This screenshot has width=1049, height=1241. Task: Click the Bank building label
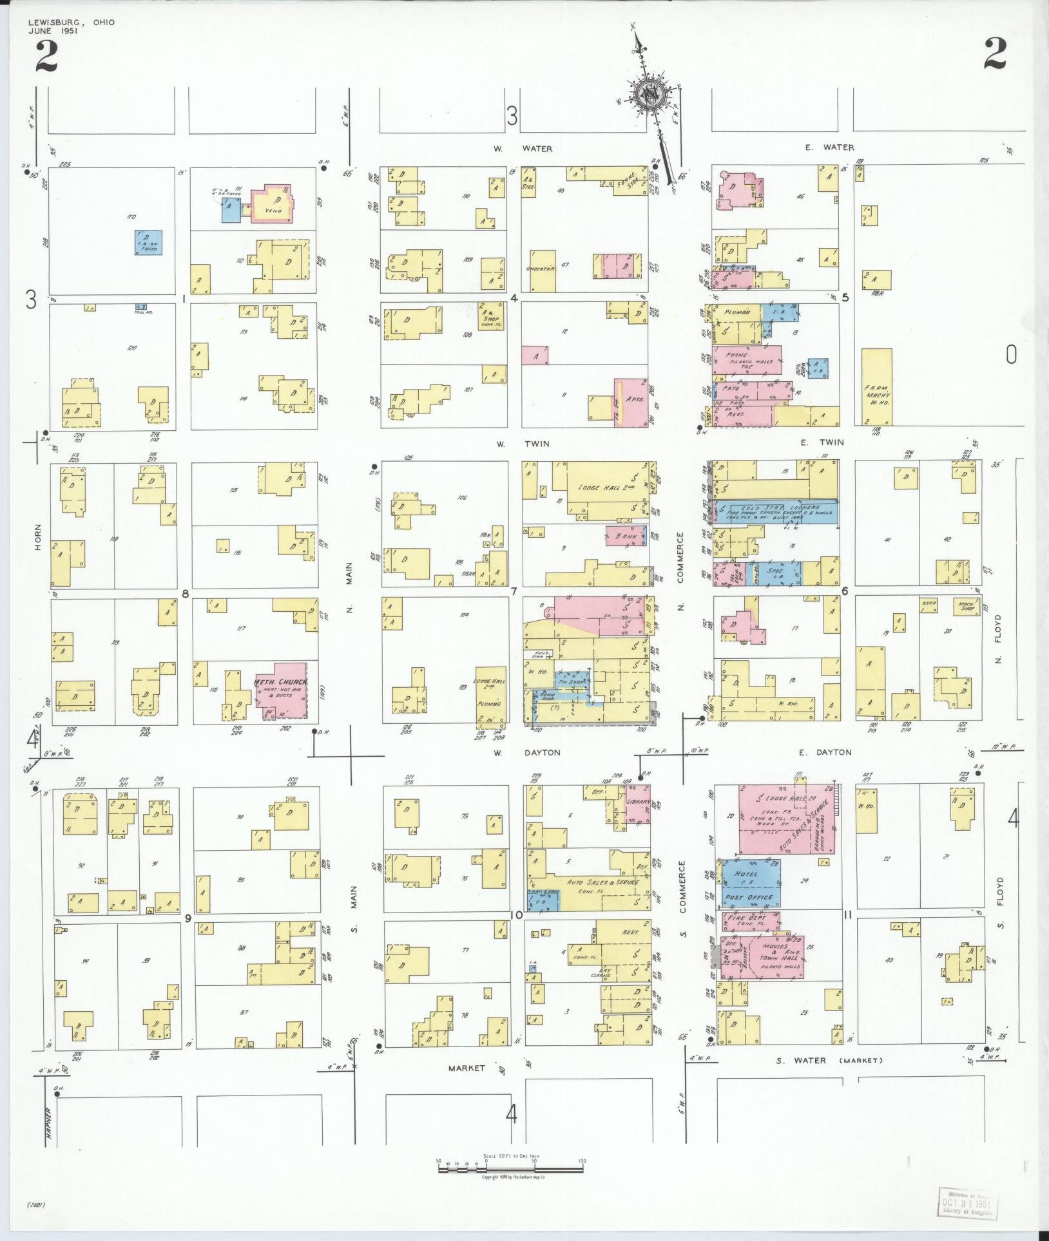point(626,536)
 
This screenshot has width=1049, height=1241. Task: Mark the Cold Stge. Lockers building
point(777,511)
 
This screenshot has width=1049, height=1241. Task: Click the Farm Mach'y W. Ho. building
point(877,386)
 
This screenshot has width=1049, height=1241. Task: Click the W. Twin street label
point(523,444)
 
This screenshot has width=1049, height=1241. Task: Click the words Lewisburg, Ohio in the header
point(72,22)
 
